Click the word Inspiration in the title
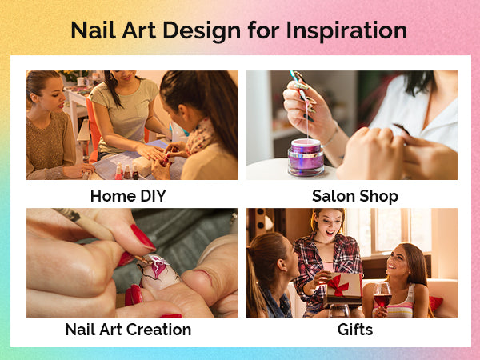pos(346,31)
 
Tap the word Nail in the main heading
pos(94,30)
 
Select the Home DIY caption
pos(128,196)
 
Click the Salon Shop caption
pos(355,196)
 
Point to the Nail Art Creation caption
pos(128,330)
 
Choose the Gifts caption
pos(355,330)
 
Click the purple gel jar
pos(306,158)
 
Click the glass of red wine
pos(382,294)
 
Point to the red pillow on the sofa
pos(435,303)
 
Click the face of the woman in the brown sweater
pos(50,94)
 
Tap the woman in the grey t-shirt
pos(126,116)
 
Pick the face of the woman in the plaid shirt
pos(329,226)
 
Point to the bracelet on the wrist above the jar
pos(331,137)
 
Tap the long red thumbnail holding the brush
pos(142,237)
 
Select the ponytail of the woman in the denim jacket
pos(256,275)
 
